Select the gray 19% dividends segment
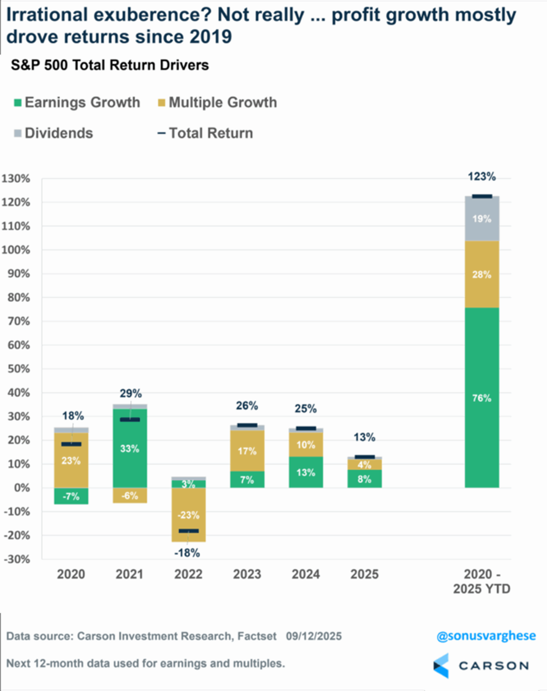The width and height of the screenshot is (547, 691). [x=482, y=219]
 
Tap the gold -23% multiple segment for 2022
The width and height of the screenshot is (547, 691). [x=188, y=515]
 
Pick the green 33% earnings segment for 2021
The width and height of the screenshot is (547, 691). [x=130, y=448]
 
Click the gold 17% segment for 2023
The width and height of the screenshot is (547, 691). [x=247, y=451]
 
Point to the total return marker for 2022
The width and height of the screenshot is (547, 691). [x=188, y=531]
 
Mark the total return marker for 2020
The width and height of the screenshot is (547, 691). [x=71, y=444]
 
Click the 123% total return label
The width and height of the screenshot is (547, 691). [x=482, y=177]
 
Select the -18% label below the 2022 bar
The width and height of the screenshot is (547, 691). [x=187, y=553]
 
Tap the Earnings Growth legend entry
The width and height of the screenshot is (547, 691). [x=77, y=103]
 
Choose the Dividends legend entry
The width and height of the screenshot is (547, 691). [x=53, y=133]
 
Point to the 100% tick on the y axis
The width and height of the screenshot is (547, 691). [x=16, y=250]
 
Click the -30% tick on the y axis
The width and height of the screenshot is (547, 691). [x=17, y=559]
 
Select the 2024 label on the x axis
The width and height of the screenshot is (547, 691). [x=306, y=574]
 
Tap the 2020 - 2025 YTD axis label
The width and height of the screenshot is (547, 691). [x=482, y=581]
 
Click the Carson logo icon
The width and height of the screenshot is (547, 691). [x=441, y=666]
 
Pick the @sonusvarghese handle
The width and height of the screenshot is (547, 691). [x=486, y=636]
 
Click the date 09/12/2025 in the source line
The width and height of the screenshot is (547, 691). [x=313, y=636]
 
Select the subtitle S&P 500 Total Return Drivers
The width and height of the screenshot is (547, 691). [x=110, y=65]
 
